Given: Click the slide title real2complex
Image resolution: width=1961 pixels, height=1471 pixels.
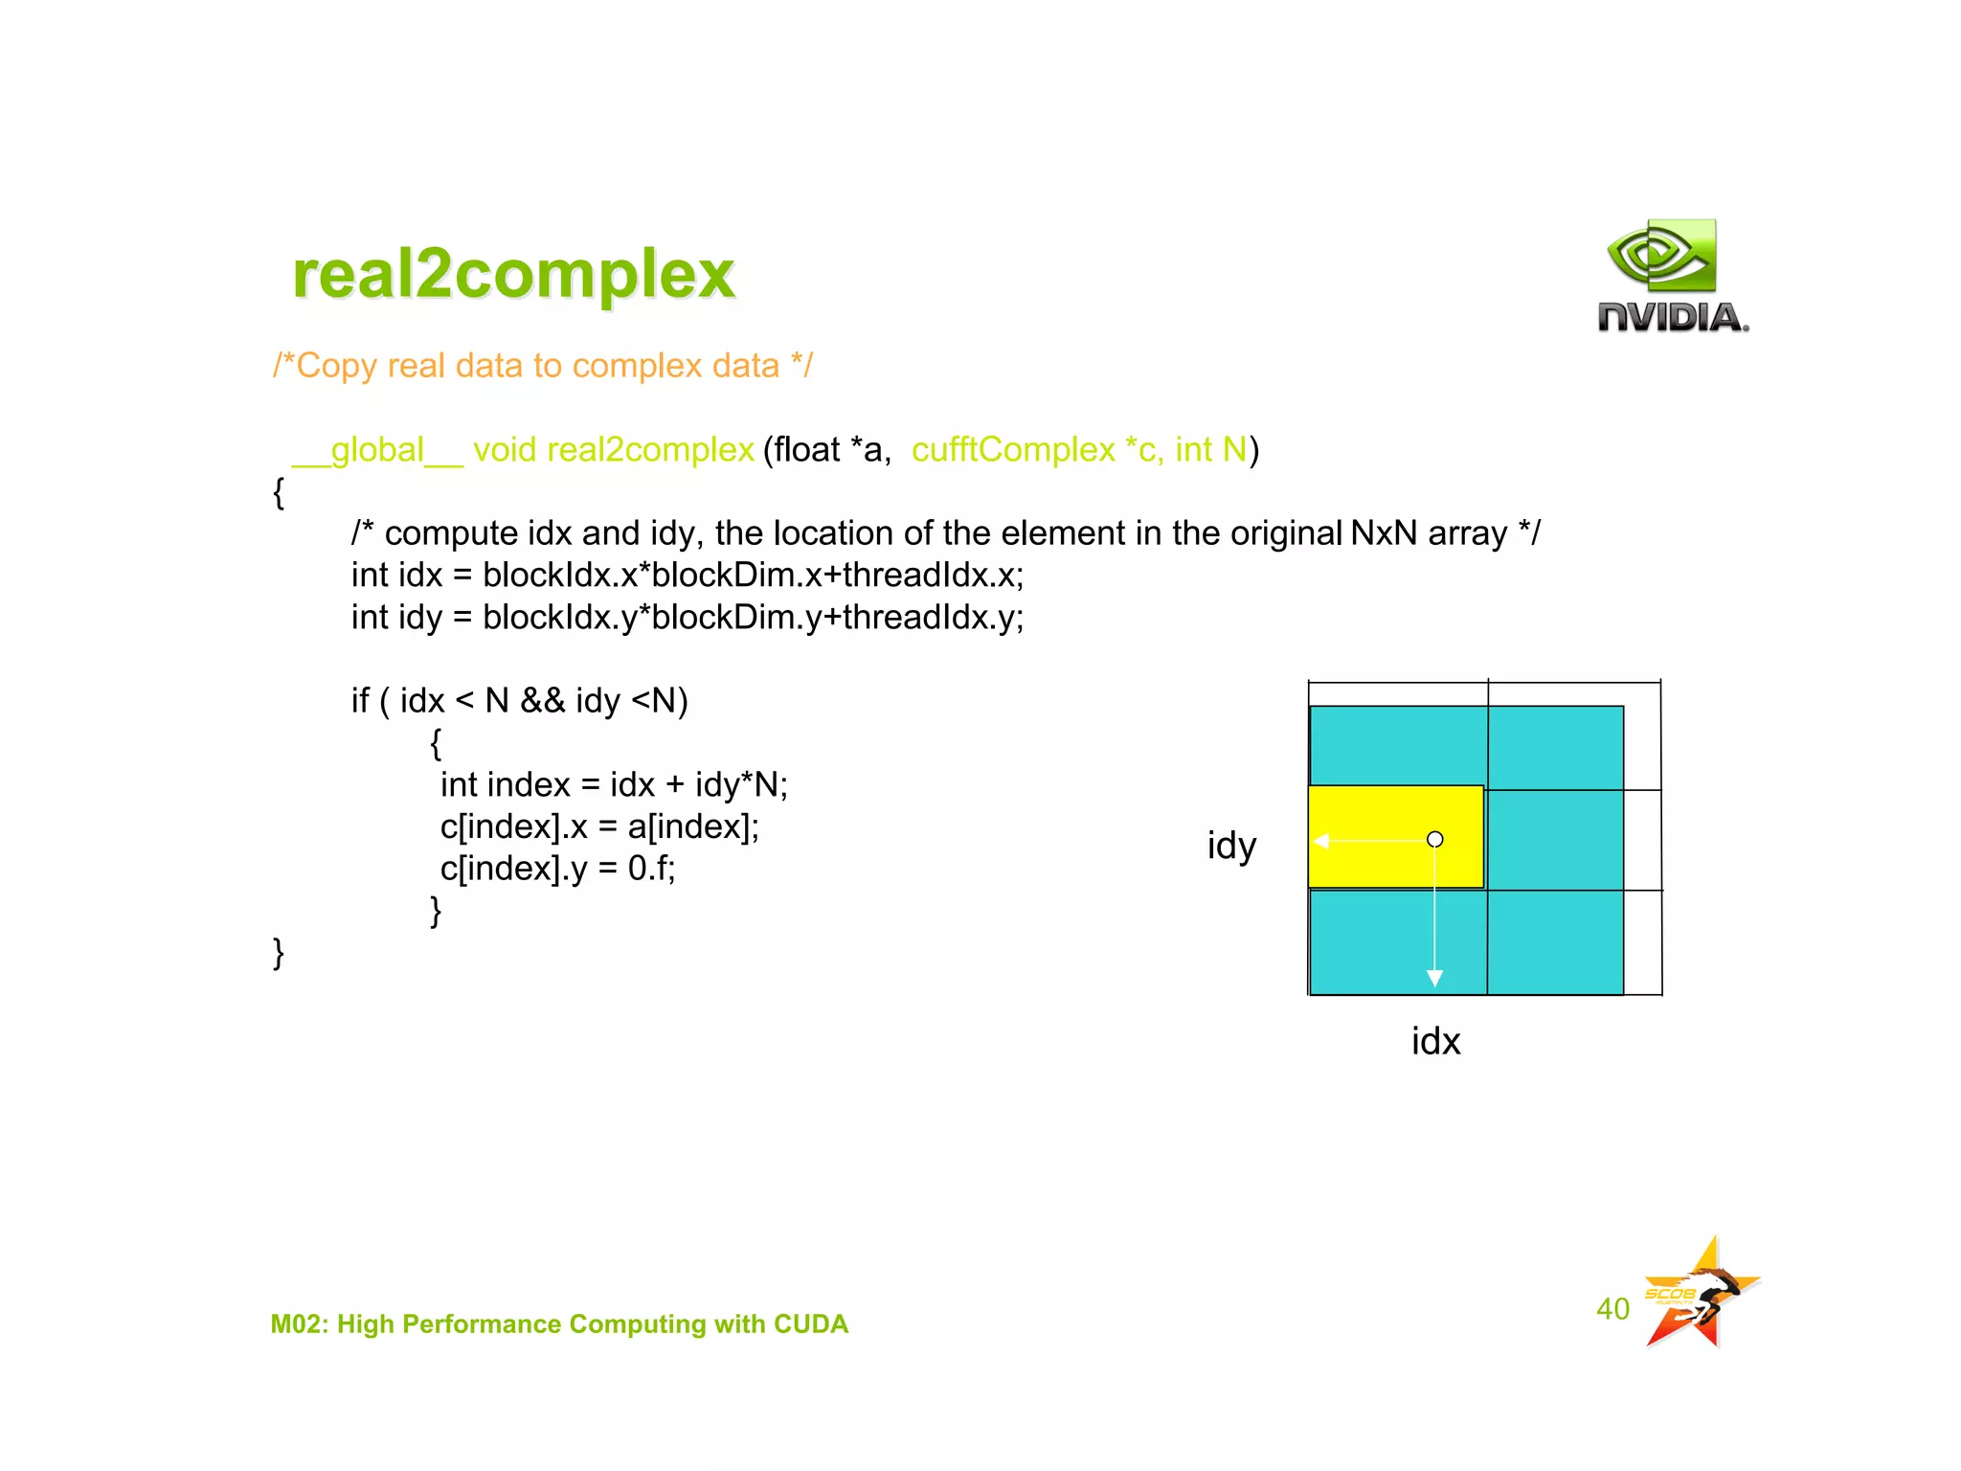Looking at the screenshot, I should click(513, 275).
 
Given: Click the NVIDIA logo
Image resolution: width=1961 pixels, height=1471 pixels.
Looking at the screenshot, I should click(1672, 278).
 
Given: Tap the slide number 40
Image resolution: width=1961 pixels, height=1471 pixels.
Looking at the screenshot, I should click(1612, 1309).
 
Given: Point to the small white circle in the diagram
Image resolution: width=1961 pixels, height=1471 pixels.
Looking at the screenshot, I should click(1434, 840).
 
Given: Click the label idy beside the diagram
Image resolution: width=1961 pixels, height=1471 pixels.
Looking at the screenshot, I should click(1231, 846).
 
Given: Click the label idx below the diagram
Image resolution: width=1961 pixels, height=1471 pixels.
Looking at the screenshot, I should click(1435, 1041).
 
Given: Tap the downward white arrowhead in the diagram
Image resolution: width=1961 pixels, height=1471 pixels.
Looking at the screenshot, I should click(1434, 978).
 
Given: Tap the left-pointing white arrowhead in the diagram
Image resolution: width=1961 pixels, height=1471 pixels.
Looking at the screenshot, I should click(1321, 841).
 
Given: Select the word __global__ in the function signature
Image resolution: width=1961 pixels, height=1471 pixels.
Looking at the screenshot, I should click(377, 450).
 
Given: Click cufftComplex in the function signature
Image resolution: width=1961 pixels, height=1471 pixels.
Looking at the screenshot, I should click(1013, 450).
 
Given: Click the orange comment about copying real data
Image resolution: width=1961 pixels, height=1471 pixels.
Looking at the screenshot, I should click(542, 366).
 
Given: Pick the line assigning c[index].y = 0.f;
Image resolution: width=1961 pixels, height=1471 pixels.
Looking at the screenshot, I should click(557, 869).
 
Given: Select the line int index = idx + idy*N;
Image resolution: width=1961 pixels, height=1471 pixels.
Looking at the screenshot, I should click(613, 785).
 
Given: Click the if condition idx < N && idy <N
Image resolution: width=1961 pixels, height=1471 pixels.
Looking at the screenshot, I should click(519, 701).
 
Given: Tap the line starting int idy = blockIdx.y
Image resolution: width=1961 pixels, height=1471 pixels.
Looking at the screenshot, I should click(687, 618).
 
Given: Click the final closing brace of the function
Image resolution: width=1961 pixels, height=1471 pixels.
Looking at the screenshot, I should click(279, 953).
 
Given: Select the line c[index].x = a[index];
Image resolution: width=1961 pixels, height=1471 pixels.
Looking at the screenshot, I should click(598, 826).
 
